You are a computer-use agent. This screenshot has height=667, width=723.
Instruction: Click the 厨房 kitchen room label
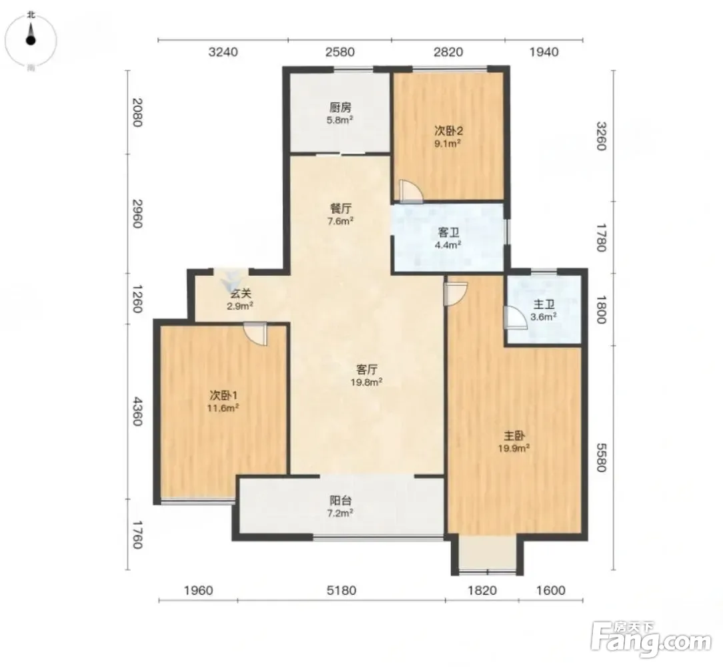(340, 107)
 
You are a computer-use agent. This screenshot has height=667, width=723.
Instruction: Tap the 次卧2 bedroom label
(448, 131)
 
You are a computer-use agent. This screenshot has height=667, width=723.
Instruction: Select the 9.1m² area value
(448, 144)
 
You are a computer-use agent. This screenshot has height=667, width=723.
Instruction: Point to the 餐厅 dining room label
(340, 208)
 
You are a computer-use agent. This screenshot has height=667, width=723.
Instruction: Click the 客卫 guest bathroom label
(448, 232)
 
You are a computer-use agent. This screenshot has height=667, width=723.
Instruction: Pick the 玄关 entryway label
(240, 293)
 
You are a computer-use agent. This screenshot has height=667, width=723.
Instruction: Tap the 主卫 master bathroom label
(544, 304)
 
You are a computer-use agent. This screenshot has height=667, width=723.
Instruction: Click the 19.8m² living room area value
(367, 382)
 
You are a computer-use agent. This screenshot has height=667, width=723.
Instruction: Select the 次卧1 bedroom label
(223, 395)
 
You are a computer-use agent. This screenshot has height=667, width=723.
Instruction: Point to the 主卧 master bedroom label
(514, 435)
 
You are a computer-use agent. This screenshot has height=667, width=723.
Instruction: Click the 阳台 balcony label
(341, 500)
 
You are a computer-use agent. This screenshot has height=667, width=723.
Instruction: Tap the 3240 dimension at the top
(223, 51)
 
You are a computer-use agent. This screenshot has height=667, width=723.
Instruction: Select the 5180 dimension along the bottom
(341, 590)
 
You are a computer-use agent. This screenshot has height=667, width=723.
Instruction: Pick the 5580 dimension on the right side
(601, 457)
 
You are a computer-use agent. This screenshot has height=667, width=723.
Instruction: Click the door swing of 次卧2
(412, 191)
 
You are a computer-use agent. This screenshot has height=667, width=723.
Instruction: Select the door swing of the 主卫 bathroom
(516, 318)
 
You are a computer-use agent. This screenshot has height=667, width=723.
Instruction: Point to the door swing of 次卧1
(255, 333)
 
